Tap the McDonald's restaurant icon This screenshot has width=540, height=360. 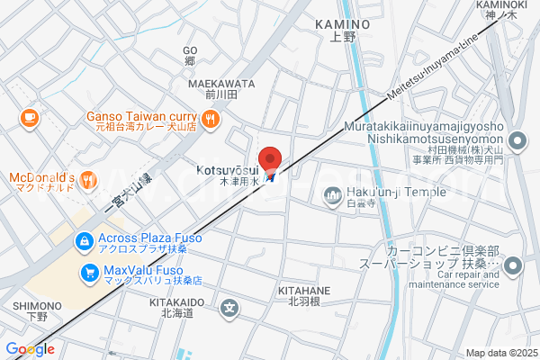(88, 181)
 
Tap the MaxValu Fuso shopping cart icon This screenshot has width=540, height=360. (89, 272)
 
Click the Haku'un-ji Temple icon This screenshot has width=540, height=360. (333, 193)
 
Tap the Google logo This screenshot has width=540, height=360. (30, 348)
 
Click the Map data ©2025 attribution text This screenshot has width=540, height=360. (500, 353)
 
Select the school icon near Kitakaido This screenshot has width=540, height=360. (231, 308)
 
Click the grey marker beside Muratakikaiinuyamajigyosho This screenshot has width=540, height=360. (517, 140)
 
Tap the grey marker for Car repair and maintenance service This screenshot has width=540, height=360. (513, 265)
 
